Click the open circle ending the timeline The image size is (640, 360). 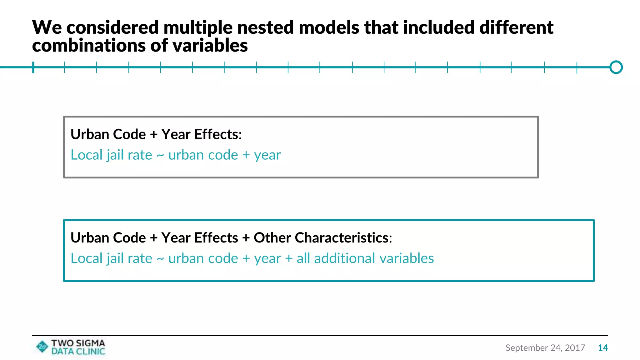(x=616, y=67)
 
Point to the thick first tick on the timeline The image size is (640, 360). (x=33, y=67)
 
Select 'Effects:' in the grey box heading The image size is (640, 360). (x=218, y=134)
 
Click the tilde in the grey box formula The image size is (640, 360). (x=160, y=155)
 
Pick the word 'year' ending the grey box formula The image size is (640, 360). (x=267, y=155)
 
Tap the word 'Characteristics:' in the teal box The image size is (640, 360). (x=343, y=238)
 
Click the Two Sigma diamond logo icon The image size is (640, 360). (x=42, y=347)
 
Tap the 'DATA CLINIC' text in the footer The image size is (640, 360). (x=78, y=352)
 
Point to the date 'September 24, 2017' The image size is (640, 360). (x=545, y=348)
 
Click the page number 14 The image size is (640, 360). (x=603, y=348)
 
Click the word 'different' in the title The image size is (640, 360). (x=516, y=27)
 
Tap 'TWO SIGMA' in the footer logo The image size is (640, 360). (x=78, y=343)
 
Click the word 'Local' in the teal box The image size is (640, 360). (x=87, y=258)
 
